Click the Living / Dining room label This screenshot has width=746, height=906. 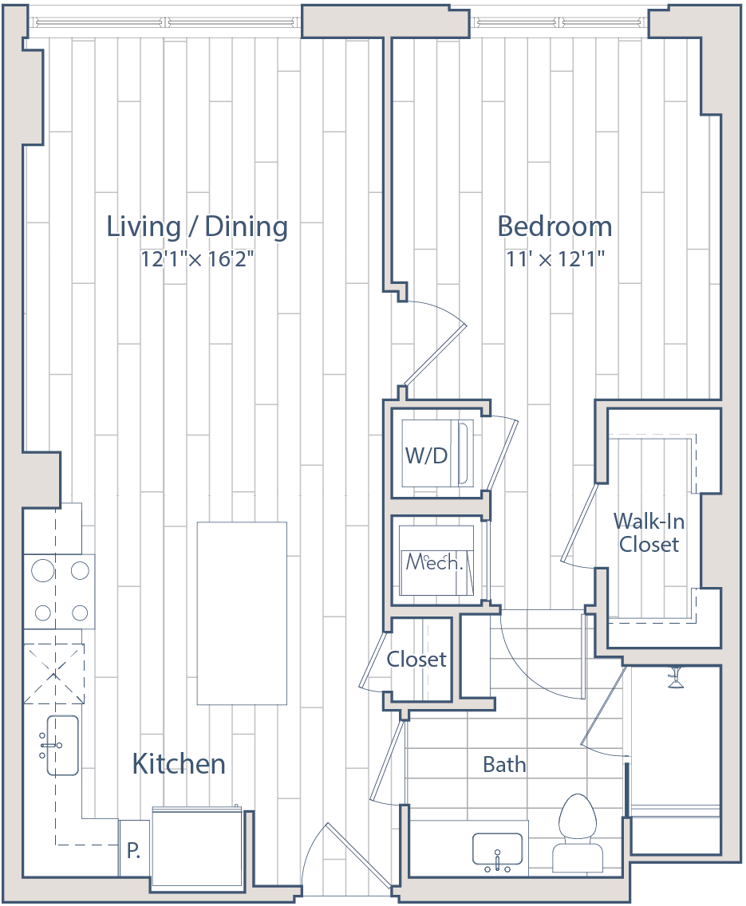click(197, 226)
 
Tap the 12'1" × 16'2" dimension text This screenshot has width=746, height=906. click(198, 259)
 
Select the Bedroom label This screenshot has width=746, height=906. click(555, 226)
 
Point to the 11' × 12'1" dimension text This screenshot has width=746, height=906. click(555, 259)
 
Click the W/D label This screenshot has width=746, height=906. click(426, 456)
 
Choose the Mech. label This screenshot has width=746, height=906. click(435, 561)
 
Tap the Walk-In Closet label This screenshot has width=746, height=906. click(649, 533)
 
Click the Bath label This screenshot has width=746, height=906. click(504, 764)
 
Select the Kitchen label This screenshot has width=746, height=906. click(179, 764)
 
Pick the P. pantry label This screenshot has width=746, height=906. click(133, 850)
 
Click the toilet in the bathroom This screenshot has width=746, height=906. click(578, 833)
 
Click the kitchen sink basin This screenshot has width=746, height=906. click(62, 746)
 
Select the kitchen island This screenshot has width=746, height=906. click(242, 613)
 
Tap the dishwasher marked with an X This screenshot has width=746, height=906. click(53, 674)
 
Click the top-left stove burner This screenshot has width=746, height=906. click(43, 571)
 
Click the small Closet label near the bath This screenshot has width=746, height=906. click(416, 660)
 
